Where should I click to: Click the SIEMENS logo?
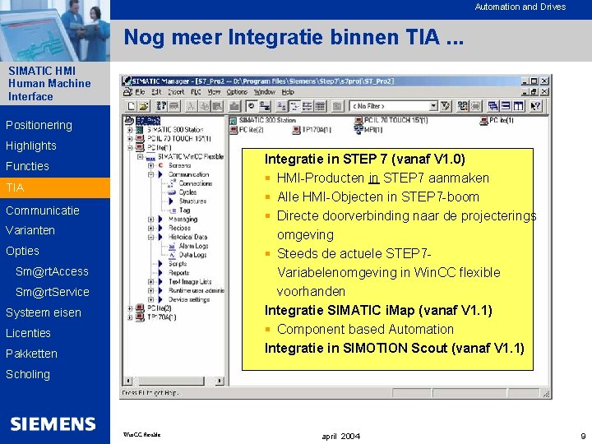(x=53, y=423)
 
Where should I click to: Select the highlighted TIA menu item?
(x=16, y=187)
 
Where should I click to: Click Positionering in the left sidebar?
(x=39, y=125)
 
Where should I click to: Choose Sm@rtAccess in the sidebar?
(x=52, y=271)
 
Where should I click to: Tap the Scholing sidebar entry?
(x=28, y=374)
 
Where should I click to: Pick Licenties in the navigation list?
(x=28, y=333)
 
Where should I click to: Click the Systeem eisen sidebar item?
(x=43, y=312)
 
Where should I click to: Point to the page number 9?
(x=582, y=435)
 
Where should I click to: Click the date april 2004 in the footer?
(x=340, y=435)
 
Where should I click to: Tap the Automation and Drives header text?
(x=520, y=7)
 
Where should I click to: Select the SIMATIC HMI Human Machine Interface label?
(x=49, y=83)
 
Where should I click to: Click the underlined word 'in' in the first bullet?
(x=373, y=178)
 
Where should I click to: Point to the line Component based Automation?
(x=365, y=329)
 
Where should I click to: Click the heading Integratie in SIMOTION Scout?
(x=394, y=348)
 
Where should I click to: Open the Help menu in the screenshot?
(x=288, y=92)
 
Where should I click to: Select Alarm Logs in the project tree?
(x=193, y=246)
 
